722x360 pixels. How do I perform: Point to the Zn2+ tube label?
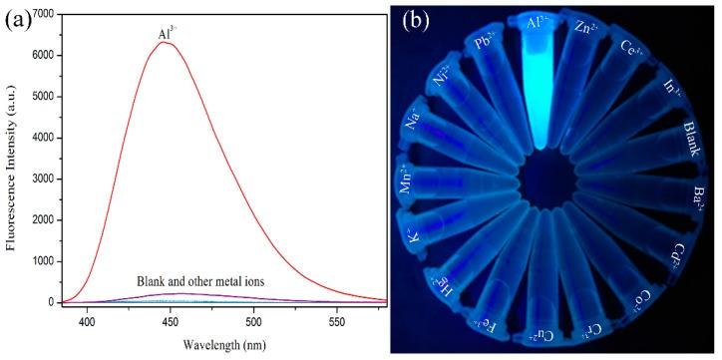click(x=599, y=31)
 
